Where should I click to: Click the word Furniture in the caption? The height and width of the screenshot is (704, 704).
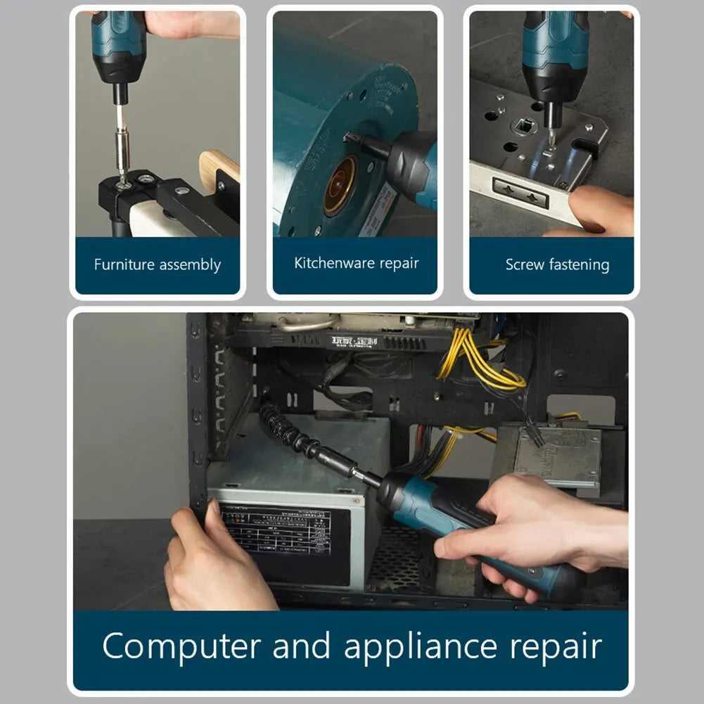click(x=124, y=265)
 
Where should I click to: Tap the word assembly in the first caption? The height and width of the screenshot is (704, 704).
click(x=190, y=266)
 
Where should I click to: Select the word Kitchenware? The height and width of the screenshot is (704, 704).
click(x=334, y=263)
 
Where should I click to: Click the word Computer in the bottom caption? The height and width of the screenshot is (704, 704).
click(x=181, y=646)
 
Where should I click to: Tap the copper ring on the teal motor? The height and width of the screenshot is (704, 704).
click(x=340, y=186)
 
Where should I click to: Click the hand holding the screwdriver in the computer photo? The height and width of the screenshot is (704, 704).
click(x=535, y=524)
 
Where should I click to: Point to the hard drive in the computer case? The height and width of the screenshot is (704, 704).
click(x=559, y=457)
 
